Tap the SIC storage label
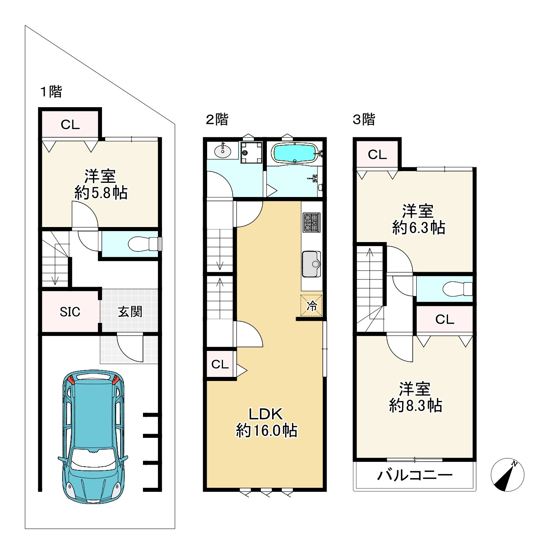click(70, 312)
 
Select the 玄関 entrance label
click(130, 312)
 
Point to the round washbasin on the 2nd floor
click(223, 150)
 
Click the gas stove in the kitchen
click(312, 223)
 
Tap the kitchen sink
click(312, 264)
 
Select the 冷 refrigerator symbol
click(312, 306)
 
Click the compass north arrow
click(508, 475)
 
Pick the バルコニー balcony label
click(415, 475)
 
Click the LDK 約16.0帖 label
click(266, 423)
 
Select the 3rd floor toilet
click(458, 289)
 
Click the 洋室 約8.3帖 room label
click(415, 397)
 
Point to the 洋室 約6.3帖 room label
click(418, 219)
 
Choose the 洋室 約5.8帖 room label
click(101, 184)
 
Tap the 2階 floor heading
click(217, 119)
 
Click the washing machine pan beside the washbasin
click(251, 152)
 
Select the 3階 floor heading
click(364, 119)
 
